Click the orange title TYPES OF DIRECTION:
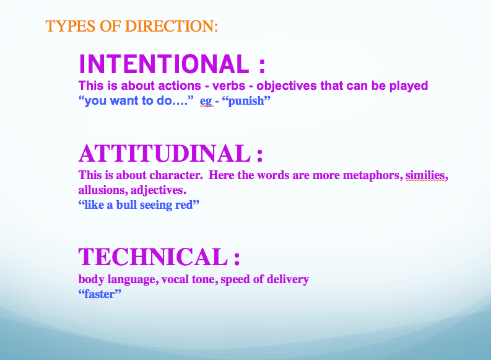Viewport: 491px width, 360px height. [131, 26]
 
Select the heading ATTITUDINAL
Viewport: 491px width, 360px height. [165, 154]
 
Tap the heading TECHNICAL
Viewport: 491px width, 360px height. [153, 257]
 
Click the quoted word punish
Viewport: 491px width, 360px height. [246, 101]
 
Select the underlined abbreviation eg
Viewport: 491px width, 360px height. [206, 102]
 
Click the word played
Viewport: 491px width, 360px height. [408, 86]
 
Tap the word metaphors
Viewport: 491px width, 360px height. [373, 175]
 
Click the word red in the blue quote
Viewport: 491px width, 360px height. [184, 205]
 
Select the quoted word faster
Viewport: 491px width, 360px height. [100, 294]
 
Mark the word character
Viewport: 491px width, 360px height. [176, 175]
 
